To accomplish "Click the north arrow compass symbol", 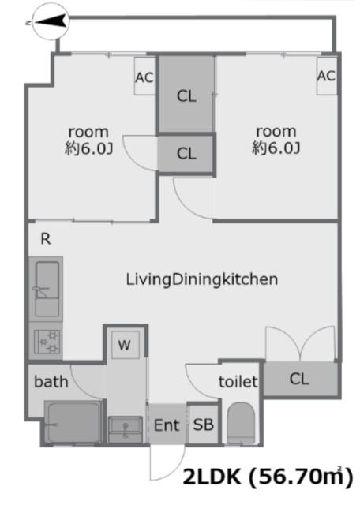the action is pyautogui.click(x=51, y=22).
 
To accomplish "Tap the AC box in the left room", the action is pyautogui.click(x=144, y=77).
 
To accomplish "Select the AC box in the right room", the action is pyautogui.click(x=327, y=76).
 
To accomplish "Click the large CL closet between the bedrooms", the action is pyautogui.click(x=186, y=95).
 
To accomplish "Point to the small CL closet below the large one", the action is pyautogui.click(x=186, y=153).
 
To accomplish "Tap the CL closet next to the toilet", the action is pyautogui.click(x=300, y=379).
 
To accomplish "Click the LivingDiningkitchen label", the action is pyautogui.click(x=202, y=279).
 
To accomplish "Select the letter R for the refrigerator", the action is pyautogui.click(x=46, y=239).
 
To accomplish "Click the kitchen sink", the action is pyautogui.click(x=46, y=289).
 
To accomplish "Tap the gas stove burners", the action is pyautogui.click(x=46, y=341).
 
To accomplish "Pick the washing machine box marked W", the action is pyautogui.click(x=125, y=345).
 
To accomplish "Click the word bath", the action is pyautogui.click(x=51, y=381).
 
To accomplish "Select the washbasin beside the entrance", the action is pyautogui.click(x=126, y=429).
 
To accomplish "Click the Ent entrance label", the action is pyautogui.click(x=167, y=425).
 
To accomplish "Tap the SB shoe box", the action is pyautogui.click(x=204, y=425).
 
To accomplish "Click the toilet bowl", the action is pyautogui.click(x=241, y=423).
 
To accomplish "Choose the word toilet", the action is pyautogui.click(x=238, y=382).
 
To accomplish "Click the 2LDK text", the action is pyautogui.click(x=212, y=477).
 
